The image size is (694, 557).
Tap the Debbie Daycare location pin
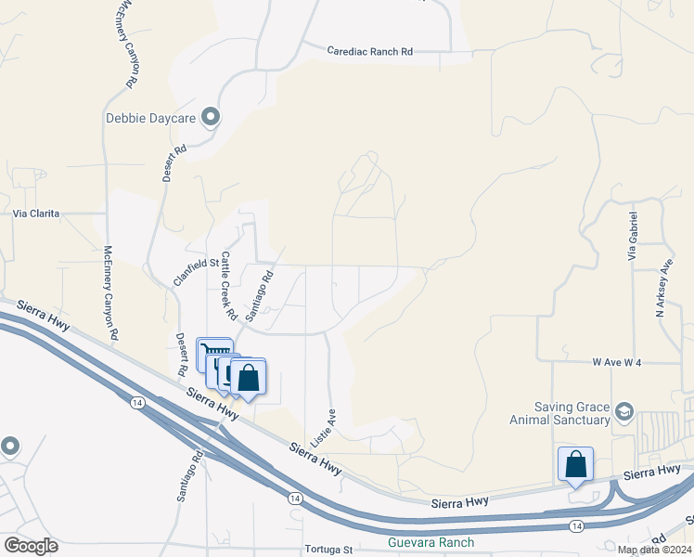pos(212,117)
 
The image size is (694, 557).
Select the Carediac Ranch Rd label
pos(369,52)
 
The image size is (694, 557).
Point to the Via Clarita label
pos(36,214)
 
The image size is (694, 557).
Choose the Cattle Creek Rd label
pos(225,283)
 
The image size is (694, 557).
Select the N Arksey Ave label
pos(664,289)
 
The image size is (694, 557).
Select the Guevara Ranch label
pos(431,542)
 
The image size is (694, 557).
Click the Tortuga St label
pos(328,549)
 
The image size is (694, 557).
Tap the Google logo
pos(31,546)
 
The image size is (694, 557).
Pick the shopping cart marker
pos(214,354)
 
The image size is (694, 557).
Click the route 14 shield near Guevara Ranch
pos(577,525)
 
